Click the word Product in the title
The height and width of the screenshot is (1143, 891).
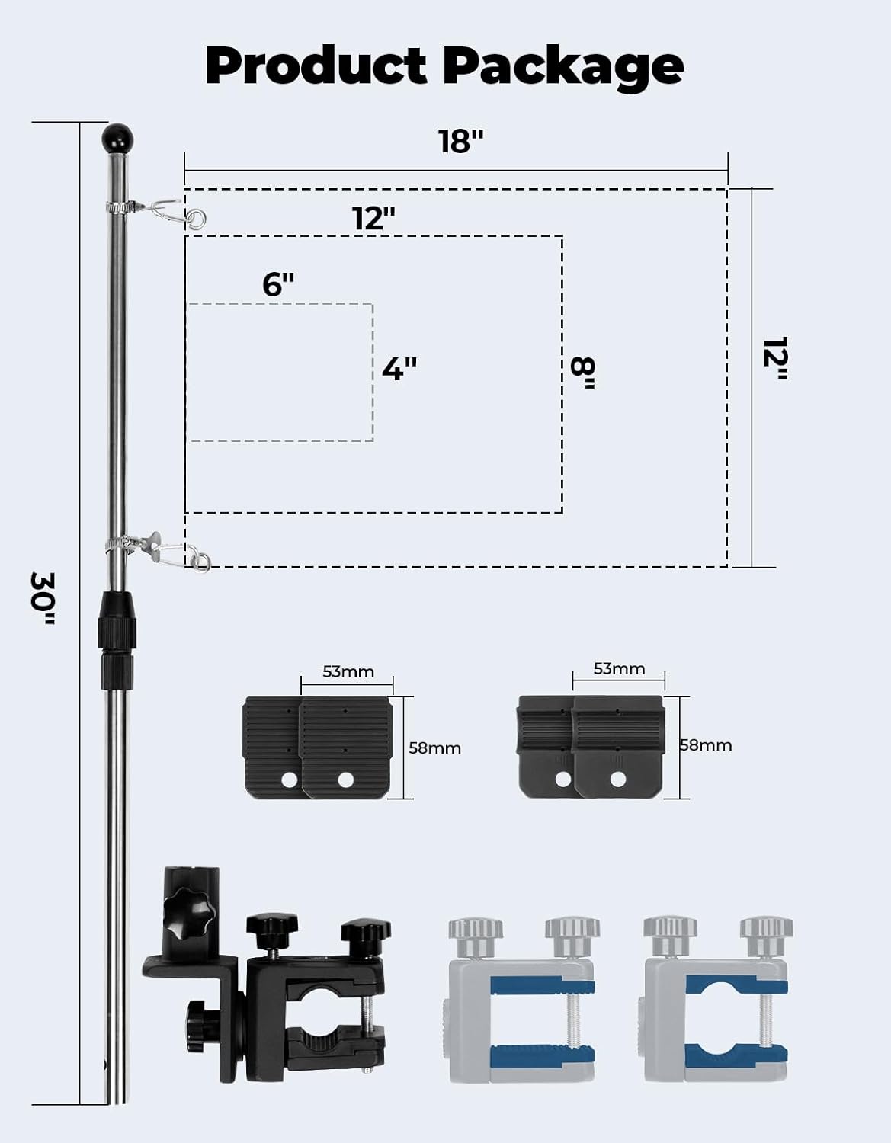point(315,66)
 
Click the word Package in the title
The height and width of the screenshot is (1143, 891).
point(562,67)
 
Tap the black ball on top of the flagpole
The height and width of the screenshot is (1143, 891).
point(117,138)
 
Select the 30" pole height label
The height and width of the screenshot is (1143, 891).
point(43,598)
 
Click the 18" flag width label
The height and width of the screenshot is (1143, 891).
point(460,141)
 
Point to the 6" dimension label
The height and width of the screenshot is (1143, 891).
point(278,284)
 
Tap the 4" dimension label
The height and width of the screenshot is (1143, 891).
point(399,369)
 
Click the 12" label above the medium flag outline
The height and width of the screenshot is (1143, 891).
point(373,219)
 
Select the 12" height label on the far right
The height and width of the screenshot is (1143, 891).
point(776,358)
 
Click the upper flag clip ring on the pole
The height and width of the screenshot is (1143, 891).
point(197,219)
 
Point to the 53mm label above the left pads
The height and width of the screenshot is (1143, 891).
point(348,671)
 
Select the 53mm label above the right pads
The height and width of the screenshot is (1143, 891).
point(619,668)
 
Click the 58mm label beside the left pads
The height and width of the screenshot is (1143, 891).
point(434,748)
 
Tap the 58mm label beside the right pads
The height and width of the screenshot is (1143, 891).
point(706,744)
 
